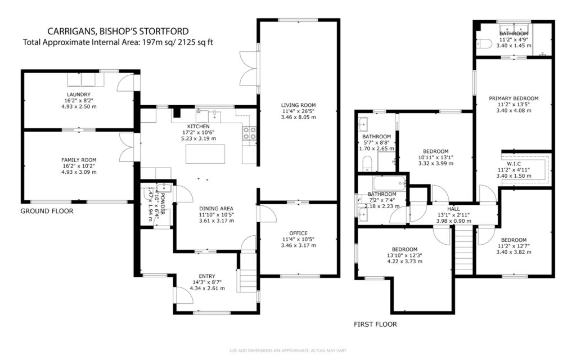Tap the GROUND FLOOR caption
pos(47,211)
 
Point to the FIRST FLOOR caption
pos(375,324)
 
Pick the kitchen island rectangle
pos(202,154)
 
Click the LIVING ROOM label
pos(298,105)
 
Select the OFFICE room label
pos(298,233)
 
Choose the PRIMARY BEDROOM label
pos(514,98)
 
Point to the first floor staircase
pos(463,247)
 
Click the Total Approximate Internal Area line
pos(118,42)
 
